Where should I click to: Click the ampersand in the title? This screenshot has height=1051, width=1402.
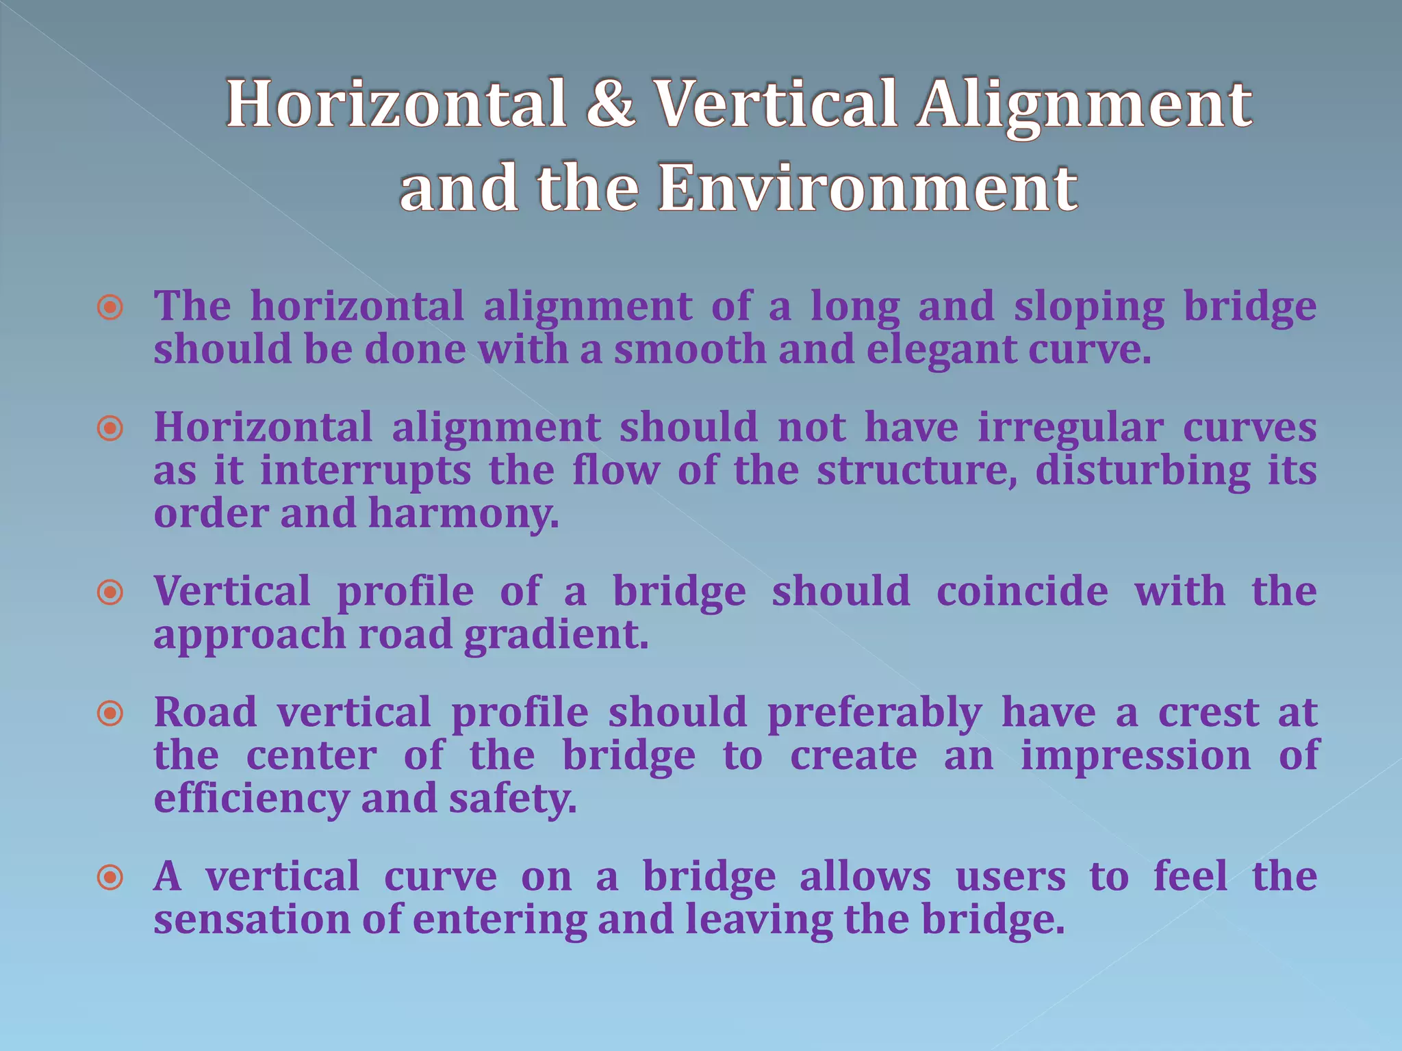(x=610, y=105)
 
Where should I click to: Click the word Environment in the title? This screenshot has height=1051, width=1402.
(x=868, y=188)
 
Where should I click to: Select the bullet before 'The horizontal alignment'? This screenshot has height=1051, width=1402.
(x=110, y=308)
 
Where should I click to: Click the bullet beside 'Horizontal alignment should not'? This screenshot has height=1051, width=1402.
(x=110, y=429)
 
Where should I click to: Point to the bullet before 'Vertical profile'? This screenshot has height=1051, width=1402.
(x=110, y=593)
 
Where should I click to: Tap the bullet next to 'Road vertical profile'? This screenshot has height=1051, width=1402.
(x=110, y=714)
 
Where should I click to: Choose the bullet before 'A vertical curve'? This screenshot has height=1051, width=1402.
(x=110, y=877)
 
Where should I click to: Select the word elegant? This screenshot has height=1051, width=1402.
(x=942, y=350)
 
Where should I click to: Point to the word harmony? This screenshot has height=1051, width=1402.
(x=463, y=515)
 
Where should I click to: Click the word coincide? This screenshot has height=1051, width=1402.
(x=1022, y=593)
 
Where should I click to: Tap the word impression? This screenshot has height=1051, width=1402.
(x=1136, y=757)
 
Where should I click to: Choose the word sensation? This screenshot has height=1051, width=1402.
(x=252, y=920)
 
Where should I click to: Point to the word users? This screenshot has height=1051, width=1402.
(x=1010, y=877)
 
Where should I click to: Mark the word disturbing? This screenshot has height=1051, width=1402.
(x=1143, y=472)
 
